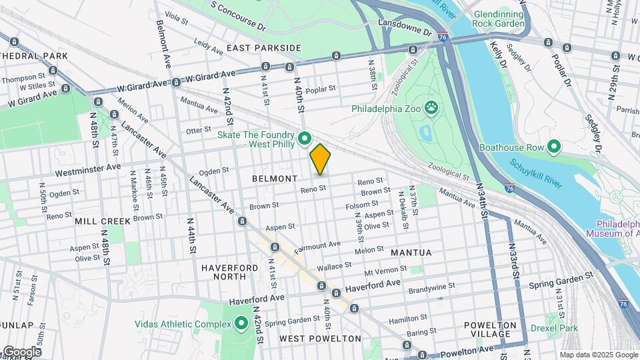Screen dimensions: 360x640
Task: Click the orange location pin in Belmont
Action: (x=320, y=159)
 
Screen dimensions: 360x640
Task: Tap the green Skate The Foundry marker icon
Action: (x=305, y=139)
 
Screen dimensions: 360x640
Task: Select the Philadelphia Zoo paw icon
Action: (x=432, y=107)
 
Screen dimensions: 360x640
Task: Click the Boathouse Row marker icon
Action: (x=553, y=147)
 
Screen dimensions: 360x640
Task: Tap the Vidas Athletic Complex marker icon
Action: (x=241, y=324)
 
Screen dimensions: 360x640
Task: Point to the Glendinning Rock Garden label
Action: (x=499, y=19)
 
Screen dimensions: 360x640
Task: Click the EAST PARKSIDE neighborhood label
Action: (x=263, y=48)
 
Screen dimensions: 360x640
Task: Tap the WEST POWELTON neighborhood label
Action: (x=320, y=339)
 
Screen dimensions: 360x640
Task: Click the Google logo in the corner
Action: (x=21, y=351)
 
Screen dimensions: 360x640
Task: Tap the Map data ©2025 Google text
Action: (x=598, y=355)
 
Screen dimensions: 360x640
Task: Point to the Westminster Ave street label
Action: (x=88, y=171)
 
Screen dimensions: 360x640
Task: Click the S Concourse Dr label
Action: (x=238, y=16)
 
